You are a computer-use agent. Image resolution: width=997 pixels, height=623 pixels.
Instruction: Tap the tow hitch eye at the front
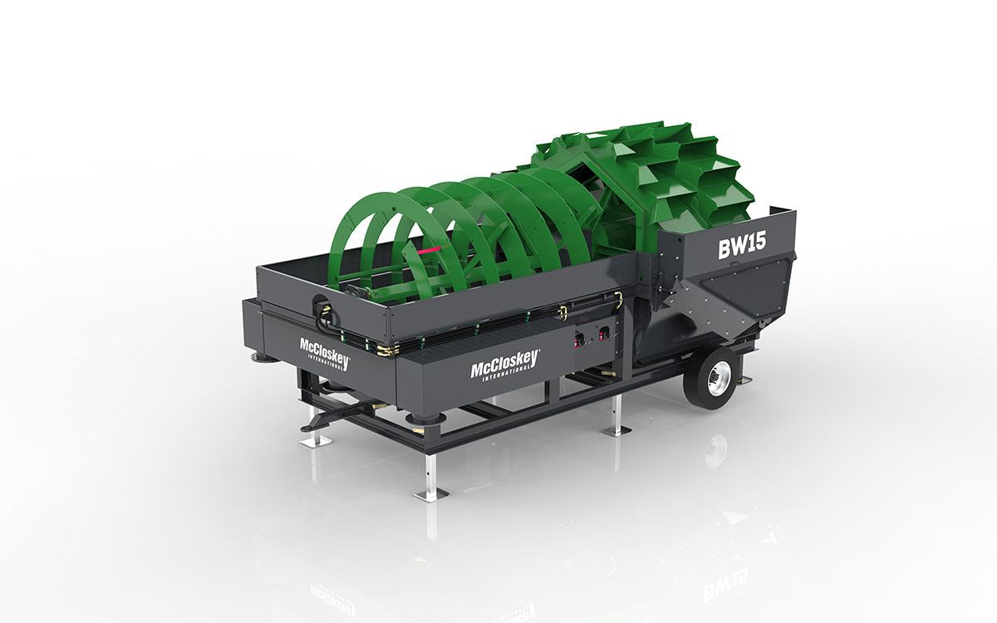pos(307,429)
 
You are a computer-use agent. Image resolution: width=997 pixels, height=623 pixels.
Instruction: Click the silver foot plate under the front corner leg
pos(431,493)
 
